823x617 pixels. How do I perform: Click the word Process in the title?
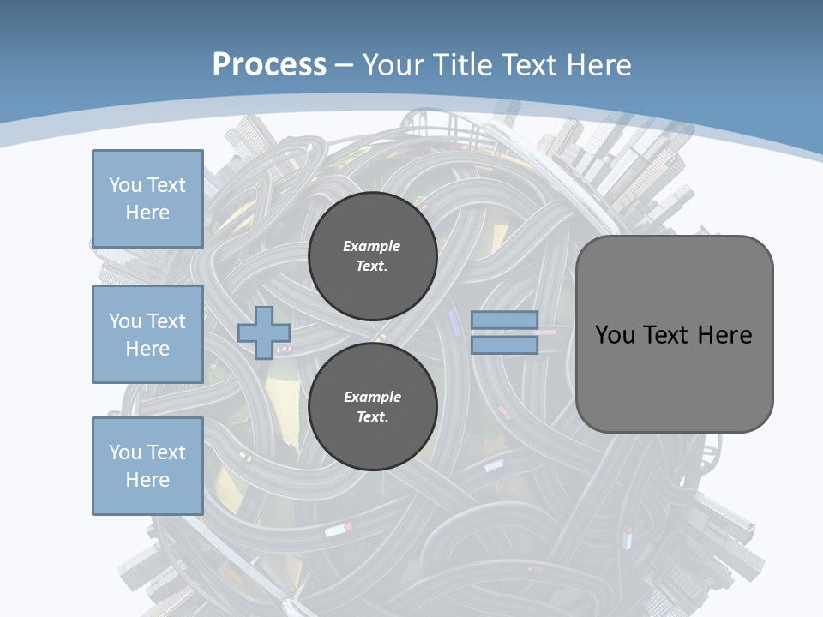coord(269,65)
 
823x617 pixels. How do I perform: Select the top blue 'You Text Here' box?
coord(147,199)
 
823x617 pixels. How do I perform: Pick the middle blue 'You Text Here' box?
coord(147,334)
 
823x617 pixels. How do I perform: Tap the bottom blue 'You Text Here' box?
coord(147,465)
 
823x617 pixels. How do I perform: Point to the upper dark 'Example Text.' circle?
coord(372,256)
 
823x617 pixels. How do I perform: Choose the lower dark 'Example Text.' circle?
coord(372,407)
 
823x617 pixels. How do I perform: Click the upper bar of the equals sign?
coord(504,320)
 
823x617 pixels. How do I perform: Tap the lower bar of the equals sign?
coord(504,345)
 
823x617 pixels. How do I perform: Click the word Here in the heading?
coord(599,65)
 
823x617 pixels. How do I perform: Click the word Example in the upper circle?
coord(372,246)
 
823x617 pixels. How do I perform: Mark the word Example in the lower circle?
coord(372,397)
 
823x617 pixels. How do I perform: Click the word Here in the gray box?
coord(724,335)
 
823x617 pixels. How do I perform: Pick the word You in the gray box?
coord(615,335)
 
